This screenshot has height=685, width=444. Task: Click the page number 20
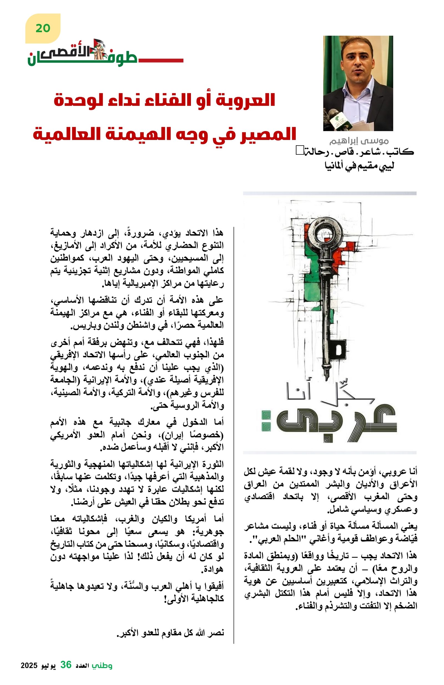43,28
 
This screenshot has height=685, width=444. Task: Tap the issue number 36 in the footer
66,665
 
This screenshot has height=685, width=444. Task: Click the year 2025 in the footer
29,666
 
